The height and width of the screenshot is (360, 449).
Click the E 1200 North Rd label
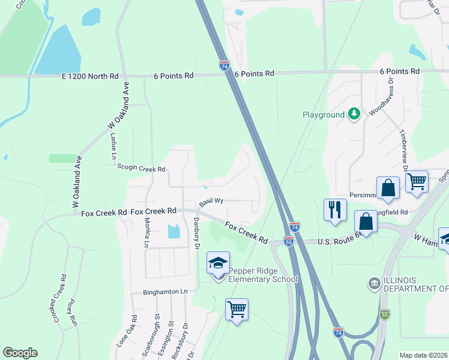point(90,76)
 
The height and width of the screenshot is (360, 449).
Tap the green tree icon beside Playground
point(354,113)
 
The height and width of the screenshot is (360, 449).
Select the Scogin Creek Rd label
point(141,169)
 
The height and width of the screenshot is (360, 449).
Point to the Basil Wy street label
point(211,202)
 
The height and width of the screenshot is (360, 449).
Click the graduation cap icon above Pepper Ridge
point(218,262)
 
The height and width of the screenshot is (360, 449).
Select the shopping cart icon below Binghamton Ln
point(237,310)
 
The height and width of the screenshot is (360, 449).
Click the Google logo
point(20,353)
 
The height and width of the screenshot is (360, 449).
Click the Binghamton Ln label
point(165,292)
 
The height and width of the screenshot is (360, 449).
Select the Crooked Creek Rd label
point(60,298)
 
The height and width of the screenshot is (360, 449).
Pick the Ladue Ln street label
point(113,146)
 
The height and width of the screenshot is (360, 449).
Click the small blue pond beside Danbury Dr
point(174,231)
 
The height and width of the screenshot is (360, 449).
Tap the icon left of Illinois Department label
point(374,283)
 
